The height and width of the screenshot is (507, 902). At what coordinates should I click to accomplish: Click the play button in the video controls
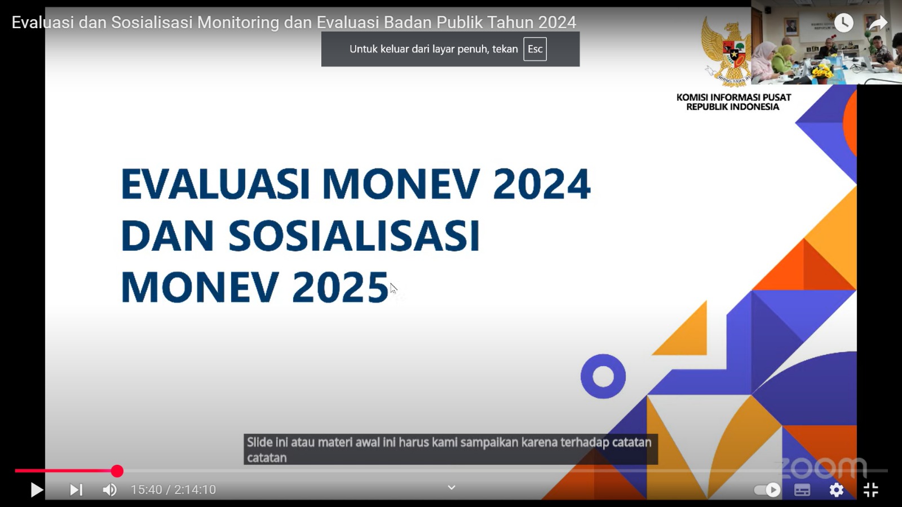pyautogui.click(x=37, y=490)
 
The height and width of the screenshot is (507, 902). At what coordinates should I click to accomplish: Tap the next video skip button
pyautogui.click(x=76, y=490)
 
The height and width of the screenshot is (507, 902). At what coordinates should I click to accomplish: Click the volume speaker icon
pyautogui.click(x=109, y=490)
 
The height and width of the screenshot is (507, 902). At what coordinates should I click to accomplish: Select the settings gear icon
pyautogui.click(x=837, y=490)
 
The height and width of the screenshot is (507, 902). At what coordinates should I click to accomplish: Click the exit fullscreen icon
pyautogui.click(x=870, y=490)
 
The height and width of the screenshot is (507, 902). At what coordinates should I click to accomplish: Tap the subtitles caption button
pyautogui.click(x=802, y=490)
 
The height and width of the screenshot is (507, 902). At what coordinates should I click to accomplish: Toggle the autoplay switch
pyautogui.click(x=767, y=490)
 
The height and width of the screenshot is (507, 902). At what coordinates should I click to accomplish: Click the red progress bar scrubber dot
pyautogui.click(x=117, y=471)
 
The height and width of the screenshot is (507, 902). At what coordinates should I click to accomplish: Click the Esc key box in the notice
pyautogui.click(x=535, y=49)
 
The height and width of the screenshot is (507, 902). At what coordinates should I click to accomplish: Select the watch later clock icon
pyautogui.click(x=843, y=23)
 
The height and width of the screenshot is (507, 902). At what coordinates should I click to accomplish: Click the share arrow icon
pyautogui.click(x=878, y=23)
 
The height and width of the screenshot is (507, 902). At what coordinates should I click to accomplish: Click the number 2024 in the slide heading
pyautogui.click(x=542, y=184)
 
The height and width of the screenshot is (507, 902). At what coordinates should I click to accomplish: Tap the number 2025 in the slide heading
pyautogui.click(x=341, y=287)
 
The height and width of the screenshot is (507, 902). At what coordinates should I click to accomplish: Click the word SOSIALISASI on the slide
pyautogui.click(x=354, y=235)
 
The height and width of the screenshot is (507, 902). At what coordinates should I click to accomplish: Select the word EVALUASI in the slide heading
pyautogui.click(x=215, y=184)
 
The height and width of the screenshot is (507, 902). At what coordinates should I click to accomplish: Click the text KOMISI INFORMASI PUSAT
pyautogui.click(x=733, y=97)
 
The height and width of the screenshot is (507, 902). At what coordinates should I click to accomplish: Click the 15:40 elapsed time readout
pyautogui.click(x=146, y=490)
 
